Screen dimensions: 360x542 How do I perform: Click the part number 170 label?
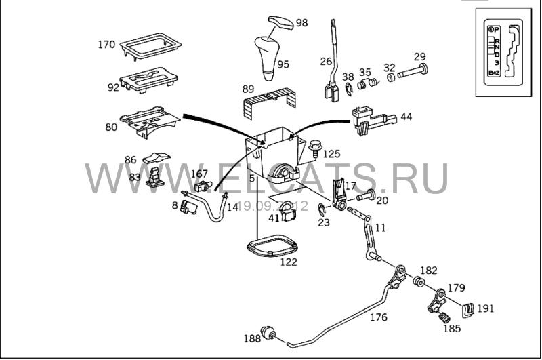coord(106,45)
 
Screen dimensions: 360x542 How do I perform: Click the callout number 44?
coord(406,117)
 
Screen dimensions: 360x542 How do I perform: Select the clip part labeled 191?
coord(466,309)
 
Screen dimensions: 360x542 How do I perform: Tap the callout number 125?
coord(331,154)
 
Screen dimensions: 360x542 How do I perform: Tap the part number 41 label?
coord(274,218)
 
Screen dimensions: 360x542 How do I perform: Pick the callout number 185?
coord(451,328)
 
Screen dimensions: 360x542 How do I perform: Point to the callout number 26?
coord(326,61)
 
